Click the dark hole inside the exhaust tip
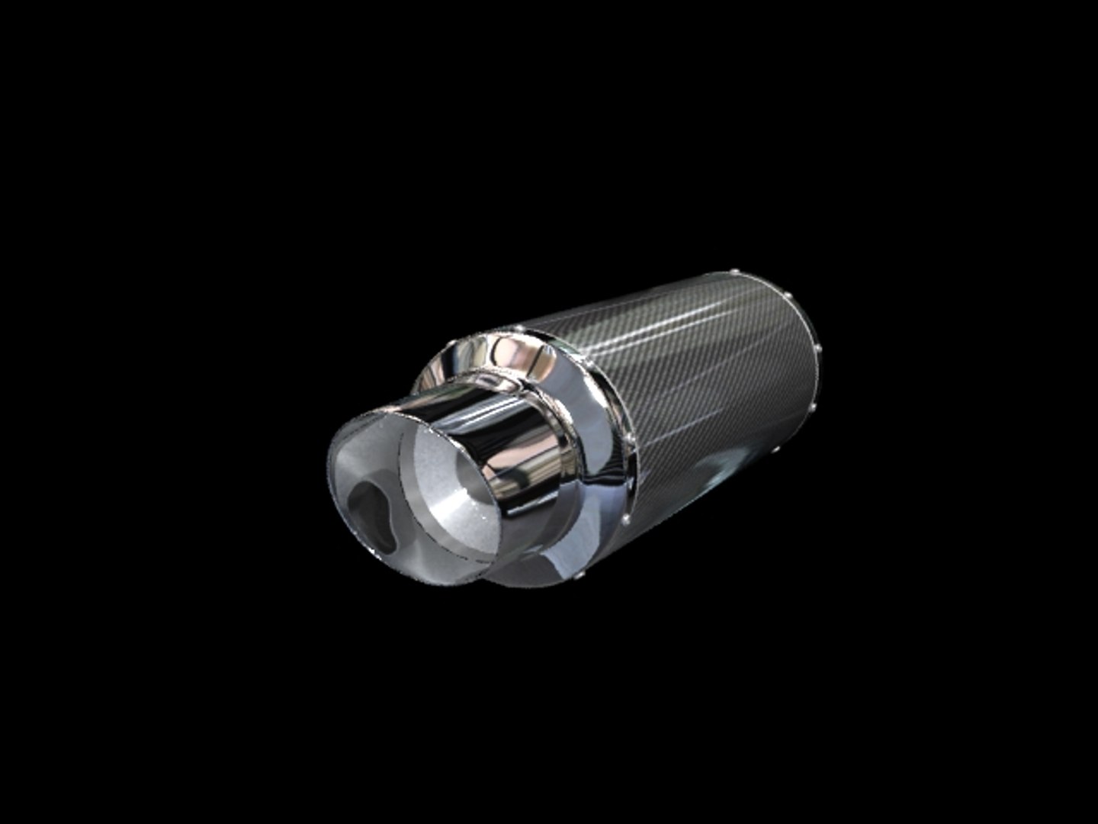pos(371,512)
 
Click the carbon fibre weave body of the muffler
pos(686,381)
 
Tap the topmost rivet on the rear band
pos(733,272)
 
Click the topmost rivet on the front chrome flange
pos(519,329)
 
